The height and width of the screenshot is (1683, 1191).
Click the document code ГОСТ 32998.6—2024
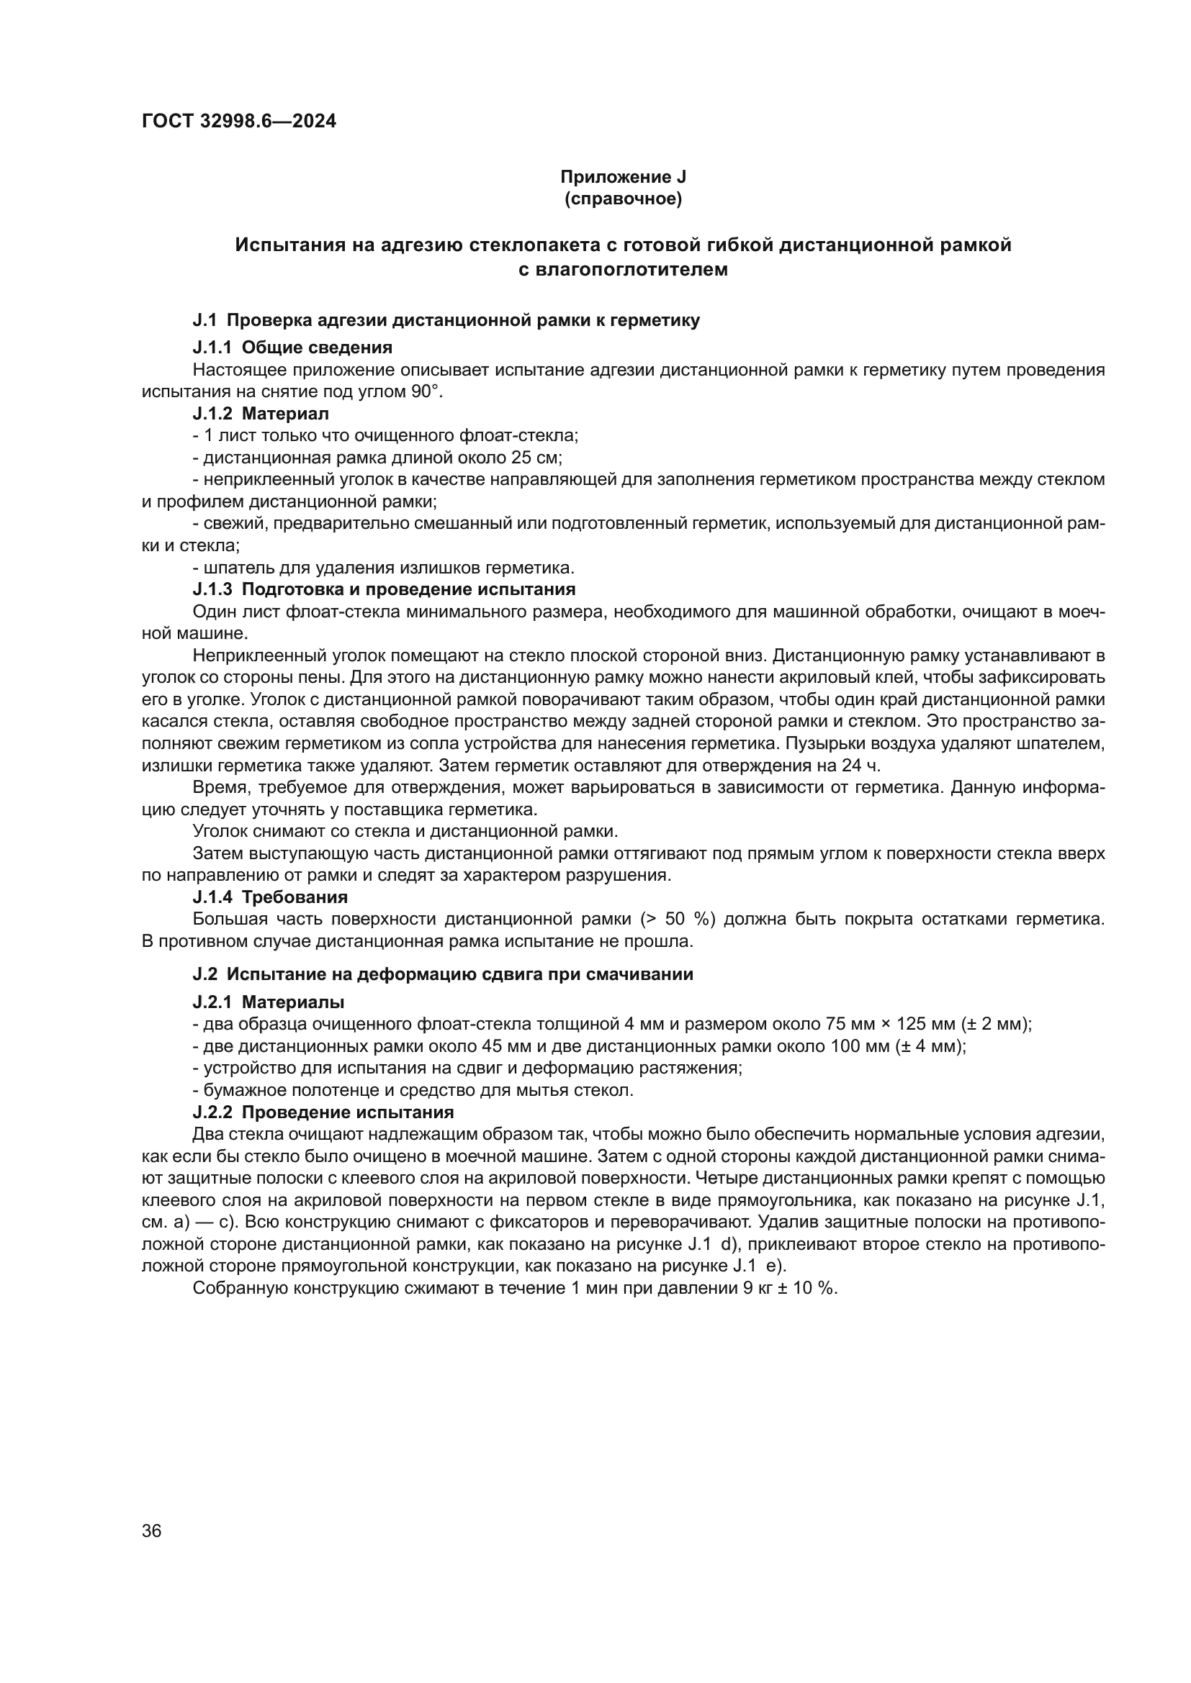(239, 122)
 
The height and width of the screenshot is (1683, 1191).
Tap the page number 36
(152, 1530)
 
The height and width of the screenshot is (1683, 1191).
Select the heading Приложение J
(623, 177)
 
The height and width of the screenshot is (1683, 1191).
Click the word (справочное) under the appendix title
(623, 199)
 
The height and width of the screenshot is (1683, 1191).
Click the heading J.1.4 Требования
(270, 897)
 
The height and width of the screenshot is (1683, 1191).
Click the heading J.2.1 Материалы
(269, 1002)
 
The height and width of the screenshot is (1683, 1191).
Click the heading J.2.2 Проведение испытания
(323, 1112)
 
